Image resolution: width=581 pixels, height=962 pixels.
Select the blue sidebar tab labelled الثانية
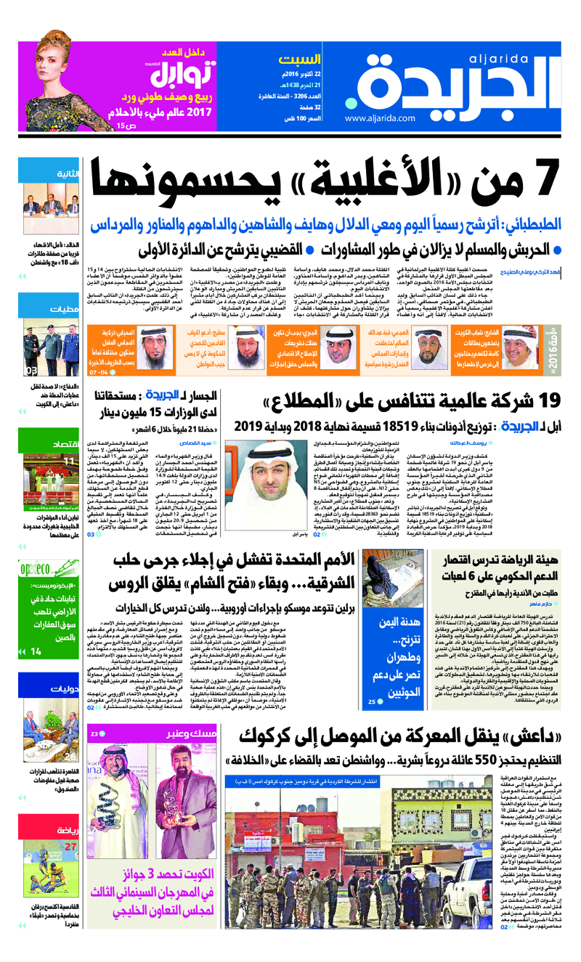click(66, 174)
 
